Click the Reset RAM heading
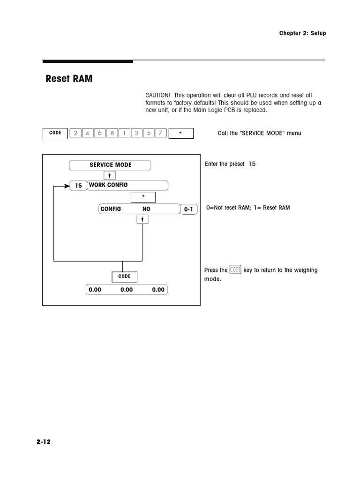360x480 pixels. pos(69,79)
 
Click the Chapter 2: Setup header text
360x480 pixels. pos(302,33)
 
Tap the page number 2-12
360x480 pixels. pos(43,442)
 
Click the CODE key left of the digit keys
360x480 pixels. pos(55,133)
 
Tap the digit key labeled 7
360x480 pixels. pos(160,133)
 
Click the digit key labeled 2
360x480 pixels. pos(75,133)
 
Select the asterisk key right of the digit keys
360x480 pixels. pos(180,133)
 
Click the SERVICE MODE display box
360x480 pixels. pos(111,165)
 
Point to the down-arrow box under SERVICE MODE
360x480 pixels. pos(109,176)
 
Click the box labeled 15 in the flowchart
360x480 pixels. pos(78,186)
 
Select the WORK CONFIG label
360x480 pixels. pos(108,185)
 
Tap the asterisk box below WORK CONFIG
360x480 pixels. pos(143,196)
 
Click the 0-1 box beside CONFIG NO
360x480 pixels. pos(188,210)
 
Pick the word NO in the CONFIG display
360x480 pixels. pos(146,209)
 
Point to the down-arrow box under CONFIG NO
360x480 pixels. pos(142,219)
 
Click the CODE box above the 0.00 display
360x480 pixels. pos(124,277)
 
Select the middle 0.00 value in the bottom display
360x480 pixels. pos(127,290)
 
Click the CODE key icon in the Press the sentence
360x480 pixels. pos(235,270)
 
